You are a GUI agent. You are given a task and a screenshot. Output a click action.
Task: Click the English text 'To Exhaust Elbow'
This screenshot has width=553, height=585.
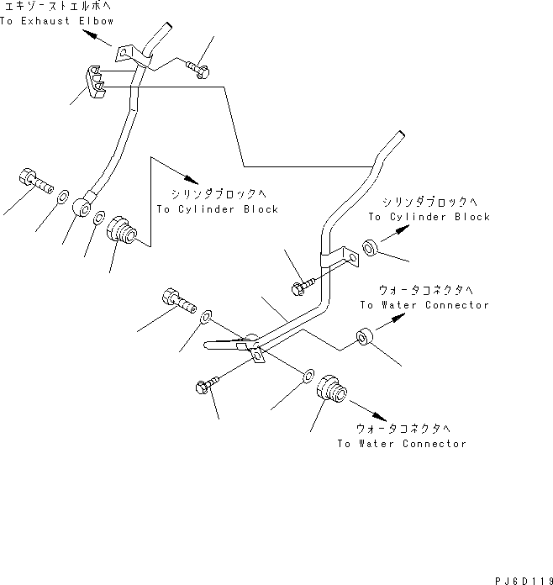point(56,20)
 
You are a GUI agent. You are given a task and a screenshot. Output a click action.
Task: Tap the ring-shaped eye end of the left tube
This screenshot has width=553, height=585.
point(83,205)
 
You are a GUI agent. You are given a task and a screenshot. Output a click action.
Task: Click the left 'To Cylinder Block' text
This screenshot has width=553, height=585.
point(217,208)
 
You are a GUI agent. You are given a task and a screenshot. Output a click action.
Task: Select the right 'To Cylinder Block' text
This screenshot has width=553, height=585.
point(429,216)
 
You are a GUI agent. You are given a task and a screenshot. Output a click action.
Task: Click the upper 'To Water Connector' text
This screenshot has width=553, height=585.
point(424,305)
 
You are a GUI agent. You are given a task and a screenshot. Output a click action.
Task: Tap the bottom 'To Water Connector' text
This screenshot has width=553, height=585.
point(401,443)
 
